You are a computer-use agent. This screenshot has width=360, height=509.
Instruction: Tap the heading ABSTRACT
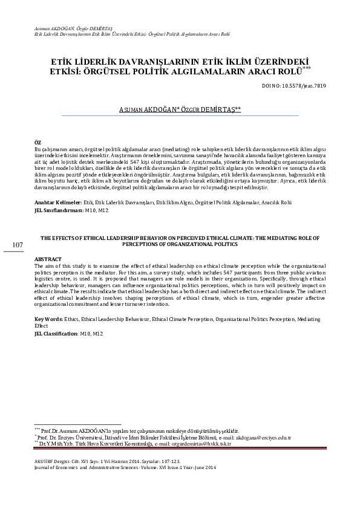point(48,259)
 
